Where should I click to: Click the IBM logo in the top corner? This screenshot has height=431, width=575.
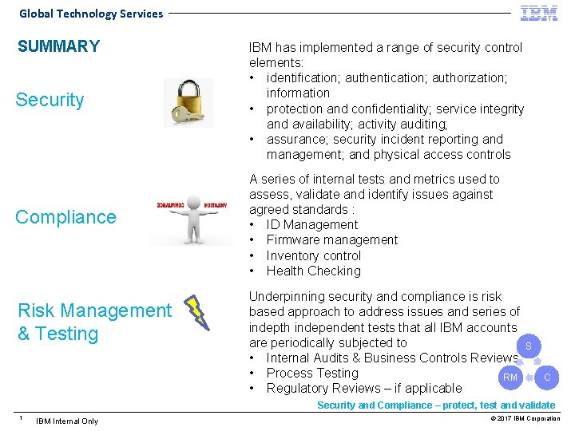point(539,13)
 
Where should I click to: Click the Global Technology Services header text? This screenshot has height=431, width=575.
point(91,14)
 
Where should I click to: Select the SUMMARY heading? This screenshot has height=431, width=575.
point(59,46)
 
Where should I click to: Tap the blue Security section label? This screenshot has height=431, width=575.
point(50,100)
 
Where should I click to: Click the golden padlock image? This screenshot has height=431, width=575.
point(188,102)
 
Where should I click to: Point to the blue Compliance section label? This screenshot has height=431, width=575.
point(65,217)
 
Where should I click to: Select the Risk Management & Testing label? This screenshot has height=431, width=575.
point(93,322)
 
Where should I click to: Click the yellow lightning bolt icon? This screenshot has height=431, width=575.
point(196,313)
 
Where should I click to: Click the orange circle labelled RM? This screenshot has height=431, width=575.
point(510,377)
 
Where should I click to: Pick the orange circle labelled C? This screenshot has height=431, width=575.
point(547,377)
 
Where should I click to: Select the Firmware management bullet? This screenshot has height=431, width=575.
point(331,240)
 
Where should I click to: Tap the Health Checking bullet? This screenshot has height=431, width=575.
point(313,271)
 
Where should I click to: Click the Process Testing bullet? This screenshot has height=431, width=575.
point(312,374)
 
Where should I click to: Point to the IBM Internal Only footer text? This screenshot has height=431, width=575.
point(67,421)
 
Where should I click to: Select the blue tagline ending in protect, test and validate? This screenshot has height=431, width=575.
point(436,405)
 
